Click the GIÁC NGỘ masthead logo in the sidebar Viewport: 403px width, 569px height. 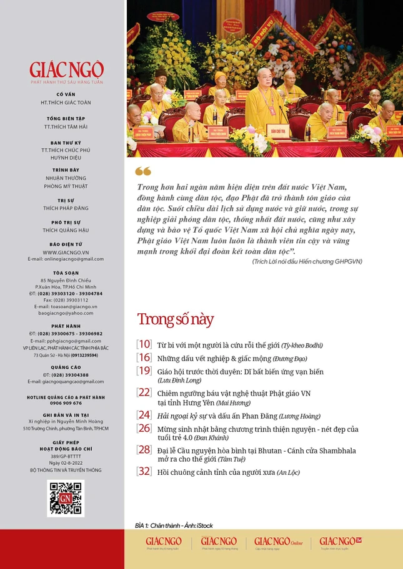click(66, 69)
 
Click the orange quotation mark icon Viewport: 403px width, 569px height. click(143, 171)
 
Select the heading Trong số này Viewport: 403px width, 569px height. click(176, 319)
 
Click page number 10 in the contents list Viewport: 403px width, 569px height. click(144, 344)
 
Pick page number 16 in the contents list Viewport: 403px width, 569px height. click(144, 357)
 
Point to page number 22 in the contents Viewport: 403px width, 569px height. click(144, 392)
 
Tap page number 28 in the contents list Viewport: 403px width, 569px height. click(144, 450)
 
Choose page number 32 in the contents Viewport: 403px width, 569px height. click(144, 472)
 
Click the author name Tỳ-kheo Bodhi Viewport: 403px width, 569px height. click(302, 345)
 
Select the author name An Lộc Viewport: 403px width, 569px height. click(288, 473)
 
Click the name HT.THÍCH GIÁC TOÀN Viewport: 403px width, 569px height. click(66, 102)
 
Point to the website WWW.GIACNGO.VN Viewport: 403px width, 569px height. click(66, 252)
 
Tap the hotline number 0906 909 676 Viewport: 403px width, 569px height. click(66, 403)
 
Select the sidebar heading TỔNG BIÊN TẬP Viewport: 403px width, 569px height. click(66, 118)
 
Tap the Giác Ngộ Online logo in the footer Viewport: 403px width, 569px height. click(278, 542)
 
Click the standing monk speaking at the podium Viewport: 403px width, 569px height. click(264, 99)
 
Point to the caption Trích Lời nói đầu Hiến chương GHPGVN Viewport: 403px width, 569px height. click(307, 261)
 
